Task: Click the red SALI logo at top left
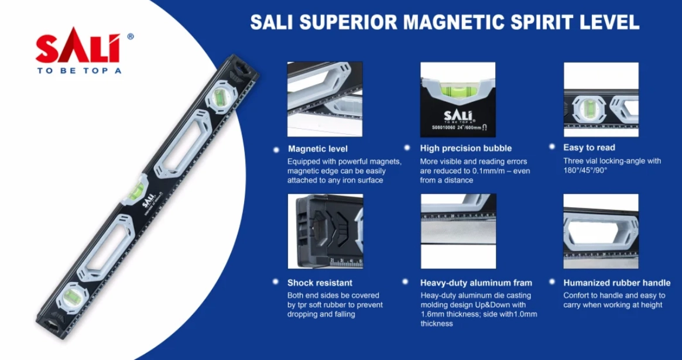point(78,45)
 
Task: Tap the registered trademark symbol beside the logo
point(130,36)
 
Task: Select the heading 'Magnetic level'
point(317,149)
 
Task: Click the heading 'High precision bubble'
point(466,148)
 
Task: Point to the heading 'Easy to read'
point(589,148)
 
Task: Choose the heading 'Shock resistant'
point(320,283)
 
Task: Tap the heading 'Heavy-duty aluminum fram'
point(476,283)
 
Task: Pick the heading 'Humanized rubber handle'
point(617,283)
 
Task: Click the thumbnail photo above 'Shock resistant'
point(325,231)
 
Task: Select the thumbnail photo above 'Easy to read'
point(601,100)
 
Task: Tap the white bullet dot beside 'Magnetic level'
point(276,150)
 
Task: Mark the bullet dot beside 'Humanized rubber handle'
point(552,282)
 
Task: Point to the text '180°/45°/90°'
point(585,170)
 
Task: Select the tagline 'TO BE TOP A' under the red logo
point(78,70)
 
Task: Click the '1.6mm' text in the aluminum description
point(432,314)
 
